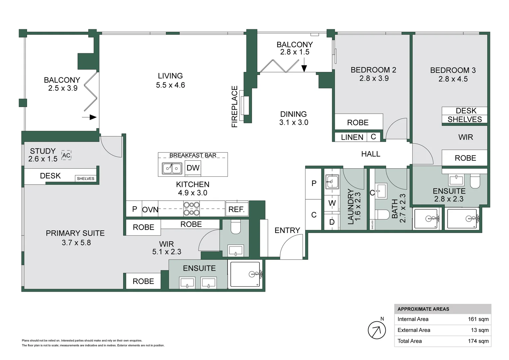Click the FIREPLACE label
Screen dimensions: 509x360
[235, 106]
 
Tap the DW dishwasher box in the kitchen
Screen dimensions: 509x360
[193, 168]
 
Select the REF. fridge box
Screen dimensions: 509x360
[237, 209]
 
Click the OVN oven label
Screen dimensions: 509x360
[150, 209]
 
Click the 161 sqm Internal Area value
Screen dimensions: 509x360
[478, 319]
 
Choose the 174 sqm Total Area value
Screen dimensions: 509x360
[478, 341]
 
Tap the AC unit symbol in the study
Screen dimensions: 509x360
[66, 155]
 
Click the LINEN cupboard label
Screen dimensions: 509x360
[352, 137]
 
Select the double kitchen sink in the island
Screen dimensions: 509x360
[172, 169]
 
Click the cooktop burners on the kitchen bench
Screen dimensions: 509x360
[192, 209]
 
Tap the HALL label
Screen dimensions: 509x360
[371, 154]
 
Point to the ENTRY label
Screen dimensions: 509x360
[287, 230]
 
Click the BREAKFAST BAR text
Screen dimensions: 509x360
[193, 155]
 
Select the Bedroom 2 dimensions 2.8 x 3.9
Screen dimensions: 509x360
[374, 78]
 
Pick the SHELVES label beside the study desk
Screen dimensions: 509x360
[85, 179]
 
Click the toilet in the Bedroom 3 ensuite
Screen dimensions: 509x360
[475, 181]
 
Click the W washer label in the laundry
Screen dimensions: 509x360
[332, 203]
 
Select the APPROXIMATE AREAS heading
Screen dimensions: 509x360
[423, 309]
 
